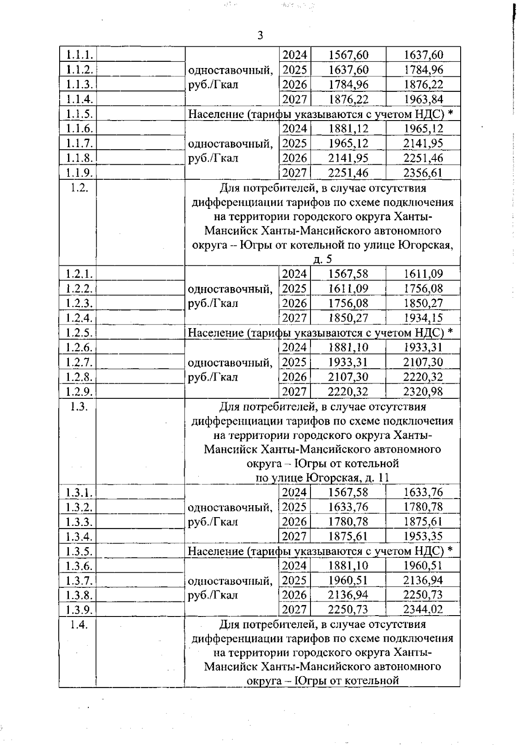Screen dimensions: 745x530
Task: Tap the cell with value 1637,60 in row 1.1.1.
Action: pos(423,55)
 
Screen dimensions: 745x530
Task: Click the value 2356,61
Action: pos(423,173)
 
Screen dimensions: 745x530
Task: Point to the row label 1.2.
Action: pos(79,187)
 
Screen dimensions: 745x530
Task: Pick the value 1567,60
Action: pos(348,55)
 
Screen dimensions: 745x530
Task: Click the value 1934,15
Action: pos(423,318)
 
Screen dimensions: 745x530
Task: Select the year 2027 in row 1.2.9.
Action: pos(295,391)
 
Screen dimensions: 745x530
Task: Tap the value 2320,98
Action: pos(423,391)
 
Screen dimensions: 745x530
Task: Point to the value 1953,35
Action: pos(423,536)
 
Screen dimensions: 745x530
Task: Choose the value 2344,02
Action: pos(423,609)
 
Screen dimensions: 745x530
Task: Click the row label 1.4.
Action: pos(79,624)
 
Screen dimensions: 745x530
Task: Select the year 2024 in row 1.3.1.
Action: pos(295,492)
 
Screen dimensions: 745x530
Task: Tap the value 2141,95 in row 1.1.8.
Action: pos(348,158)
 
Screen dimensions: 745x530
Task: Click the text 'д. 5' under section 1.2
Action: pos(322,259)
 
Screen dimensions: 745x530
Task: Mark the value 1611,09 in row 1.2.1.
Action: pos(423,274)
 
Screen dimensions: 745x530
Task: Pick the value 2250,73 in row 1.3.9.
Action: pos(348,609)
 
